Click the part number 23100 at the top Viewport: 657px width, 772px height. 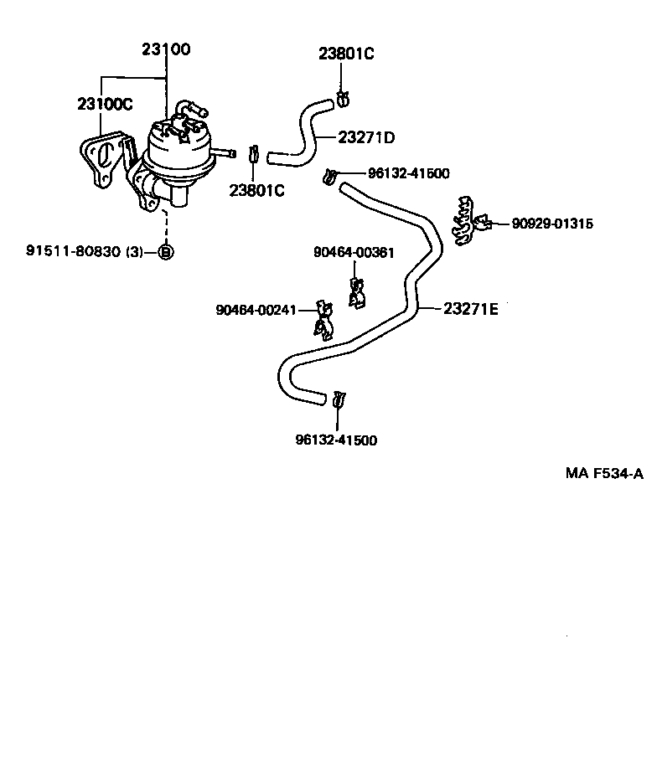point(166,49)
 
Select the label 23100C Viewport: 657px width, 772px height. point(105,104)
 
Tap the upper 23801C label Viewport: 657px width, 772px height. point(345,54)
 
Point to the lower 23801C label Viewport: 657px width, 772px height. point(257,190)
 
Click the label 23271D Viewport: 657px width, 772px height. point(366,136)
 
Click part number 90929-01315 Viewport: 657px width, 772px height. point(552,224)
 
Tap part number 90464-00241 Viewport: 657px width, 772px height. point(256,310)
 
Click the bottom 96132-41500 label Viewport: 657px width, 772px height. point(336,440)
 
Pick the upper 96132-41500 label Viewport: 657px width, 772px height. point(408,173)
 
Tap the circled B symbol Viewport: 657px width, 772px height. point(165,251)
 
